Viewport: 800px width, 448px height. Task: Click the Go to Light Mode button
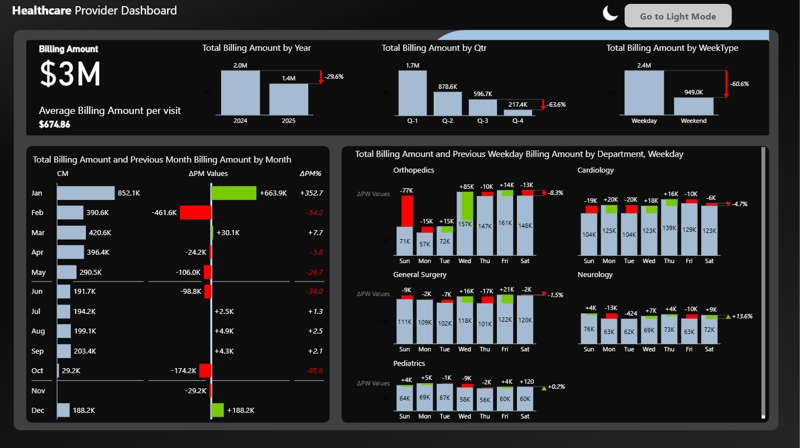[678, 16]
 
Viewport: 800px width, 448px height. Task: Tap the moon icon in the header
[610, 13]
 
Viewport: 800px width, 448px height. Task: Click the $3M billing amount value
[70, 74]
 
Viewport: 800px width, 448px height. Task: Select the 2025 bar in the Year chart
[289, 99]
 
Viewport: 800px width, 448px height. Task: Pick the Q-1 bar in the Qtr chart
[413, 93]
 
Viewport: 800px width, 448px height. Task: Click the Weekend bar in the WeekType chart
[693, 106]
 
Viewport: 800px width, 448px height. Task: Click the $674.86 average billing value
[55, 125]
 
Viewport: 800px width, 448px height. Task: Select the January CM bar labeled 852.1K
[86, 193]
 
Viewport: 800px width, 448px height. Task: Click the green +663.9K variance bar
[234, 193]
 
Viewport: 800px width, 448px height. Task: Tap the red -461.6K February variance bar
[195, 212]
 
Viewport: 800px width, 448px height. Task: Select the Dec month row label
[38, 410]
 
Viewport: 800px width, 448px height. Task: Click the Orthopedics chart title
[413, 170]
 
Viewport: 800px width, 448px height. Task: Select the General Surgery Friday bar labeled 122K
[505, 321]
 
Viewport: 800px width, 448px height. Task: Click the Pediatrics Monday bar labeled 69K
[425, 398]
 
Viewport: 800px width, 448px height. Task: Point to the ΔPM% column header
[310, 174]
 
